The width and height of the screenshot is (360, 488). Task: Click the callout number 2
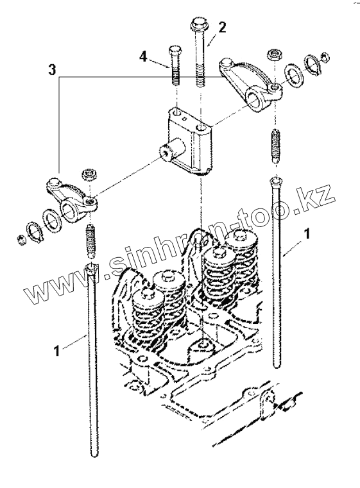point(221,28)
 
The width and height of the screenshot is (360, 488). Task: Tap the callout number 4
point(143,56)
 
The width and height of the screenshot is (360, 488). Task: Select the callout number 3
point(52,70)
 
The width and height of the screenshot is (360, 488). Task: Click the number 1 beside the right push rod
point(307,233)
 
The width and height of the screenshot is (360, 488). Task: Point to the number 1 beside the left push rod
point(56,351)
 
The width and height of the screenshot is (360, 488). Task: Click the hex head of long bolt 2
point(198,24)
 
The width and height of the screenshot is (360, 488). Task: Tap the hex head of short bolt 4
point(175,50)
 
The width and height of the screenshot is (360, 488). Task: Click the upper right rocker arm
point(251,85)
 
